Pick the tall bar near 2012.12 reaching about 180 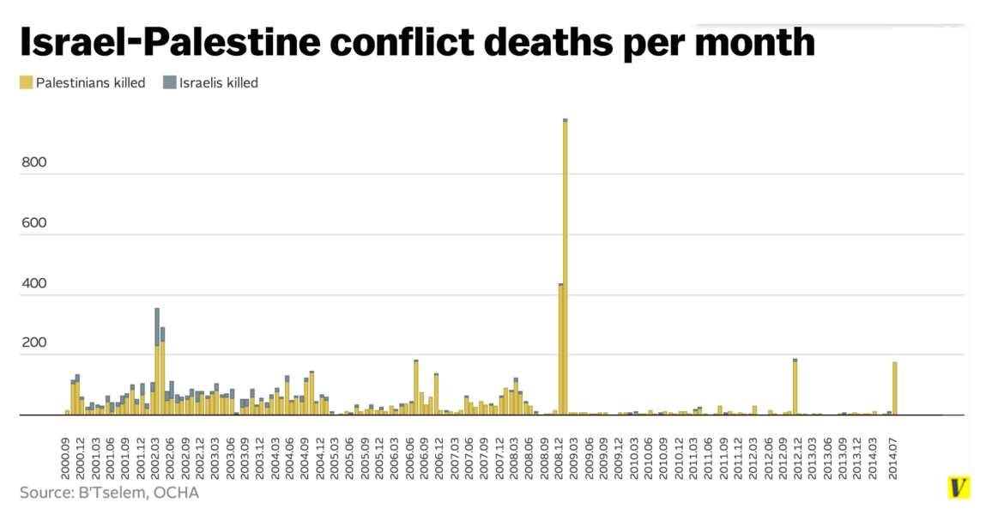pos(795,387)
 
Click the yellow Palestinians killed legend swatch pos(26,83)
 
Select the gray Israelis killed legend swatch pos(169,83)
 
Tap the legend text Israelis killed pos(219,83)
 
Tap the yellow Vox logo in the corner pos(959,488)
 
